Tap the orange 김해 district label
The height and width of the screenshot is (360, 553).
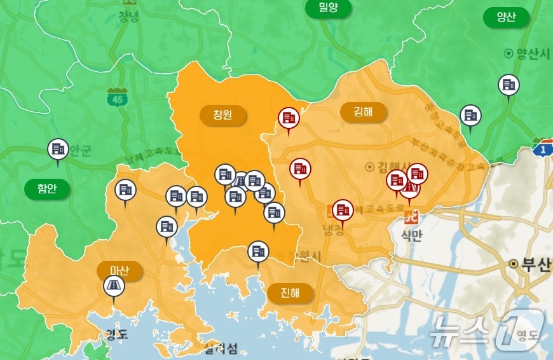click(x=364, y=112)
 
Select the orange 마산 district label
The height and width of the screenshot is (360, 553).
click(x=119, y=270)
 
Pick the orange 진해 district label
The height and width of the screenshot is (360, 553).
click(x=290, y=293)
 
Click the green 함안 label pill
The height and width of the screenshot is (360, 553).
click(x=47, y=188)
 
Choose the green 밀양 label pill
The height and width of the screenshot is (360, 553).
click(x=329, y=8)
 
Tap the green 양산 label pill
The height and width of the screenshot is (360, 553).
click(x=506, y=17)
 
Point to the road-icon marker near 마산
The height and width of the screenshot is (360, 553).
click(x=114, y=286)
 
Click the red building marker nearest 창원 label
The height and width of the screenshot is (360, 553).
click(x=289, y=118)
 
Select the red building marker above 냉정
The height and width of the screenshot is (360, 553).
click(x=343, y=209)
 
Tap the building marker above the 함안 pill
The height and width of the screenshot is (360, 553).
click(x=58, y=149)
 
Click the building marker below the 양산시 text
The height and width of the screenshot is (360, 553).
click(x=509, y=85)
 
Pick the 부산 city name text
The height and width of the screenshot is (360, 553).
click(x=531, y=265)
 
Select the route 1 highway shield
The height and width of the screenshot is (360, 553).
click(x=542, y=148)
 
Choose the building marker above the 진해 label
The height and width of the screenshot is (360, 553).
click(x=257, y=251)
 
